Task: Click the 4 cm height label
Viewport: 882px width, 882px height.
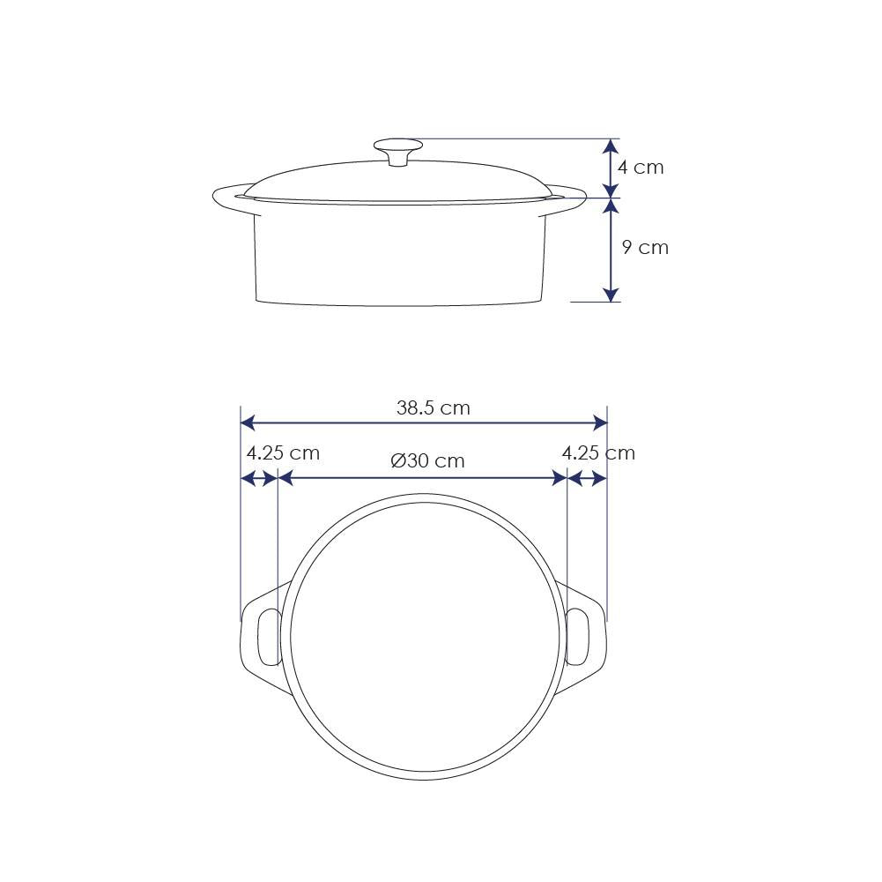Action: pos(641,168)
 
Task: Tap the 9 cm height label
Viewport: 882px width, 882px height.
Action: pos(645,247)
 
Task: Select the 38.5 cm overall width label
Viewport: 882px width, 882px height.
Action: pos(434,407)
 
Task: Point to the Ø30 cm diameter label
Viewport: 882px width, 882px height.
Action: pos(427,460)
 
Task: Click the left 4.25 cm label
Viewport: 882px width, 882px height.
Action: pos(283,452)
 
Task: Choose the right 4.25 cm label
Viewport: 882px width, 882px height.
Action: pos(598,452)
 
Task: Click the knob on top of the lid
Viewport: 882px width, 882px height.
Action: pos(398,152)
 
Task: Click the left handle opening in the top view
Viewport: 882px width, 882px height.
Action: pos(270,637)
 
